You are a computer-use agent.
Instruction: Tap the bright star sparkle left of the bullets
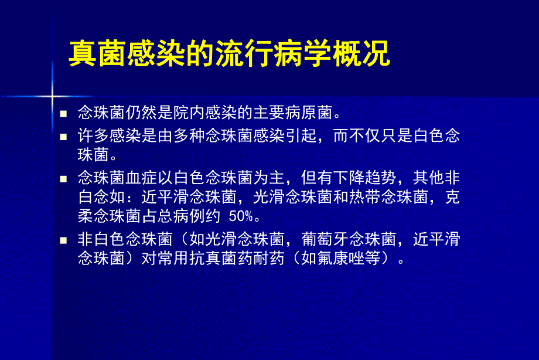pos(52,94)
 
